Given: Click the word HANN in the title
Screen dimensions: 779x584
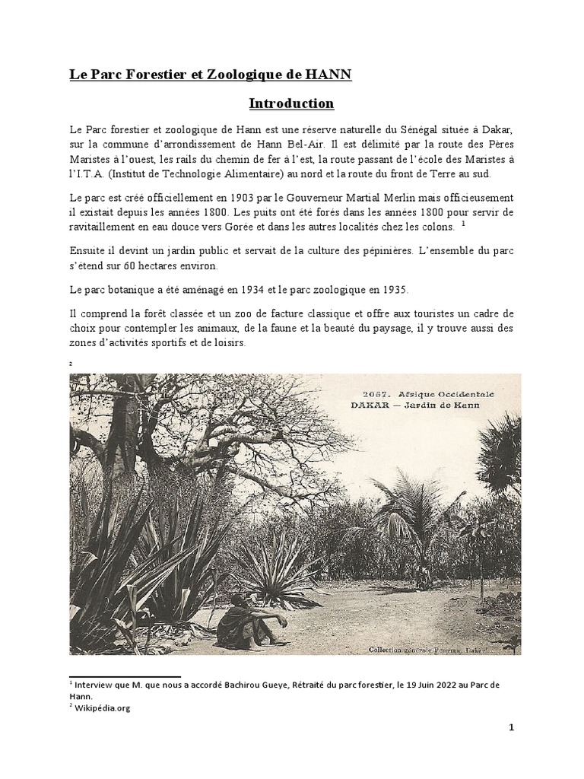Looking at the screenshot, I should pyautogui.click(x=329, y=75).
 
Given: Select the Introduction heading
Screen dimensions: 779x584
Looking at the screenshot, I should pyautogui.click(x=292, y=103).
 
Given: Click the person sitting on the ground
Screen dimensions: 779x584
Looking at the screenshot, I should pyautogui.click(x=242, y=619).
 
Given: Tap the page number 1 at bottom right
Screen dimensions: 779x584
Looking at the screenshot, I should pyautogui.click(x=512, y=727).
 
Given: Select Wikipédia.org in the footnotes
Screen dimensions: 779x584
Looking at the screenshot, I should pyautogui.click(x=103, y=707).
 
